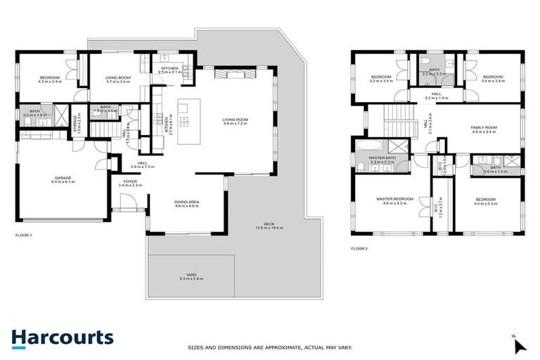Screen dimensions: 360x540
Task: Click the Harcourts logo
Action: coord(63,337)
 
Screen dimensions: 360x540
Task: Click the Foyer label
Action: coord(131,181)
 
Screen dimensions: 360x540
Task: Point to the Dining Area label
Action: coord(187,202)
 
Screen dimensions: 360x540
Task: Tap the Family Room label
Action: coord(484,128)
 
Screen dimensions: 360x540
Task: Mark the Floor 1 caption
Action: coord(23,235)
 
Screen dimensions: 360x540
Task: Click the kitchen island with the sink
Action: coord(187,122)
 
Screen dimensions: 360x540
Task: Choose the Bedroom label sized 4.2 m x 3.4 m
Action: coord(50,79)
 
